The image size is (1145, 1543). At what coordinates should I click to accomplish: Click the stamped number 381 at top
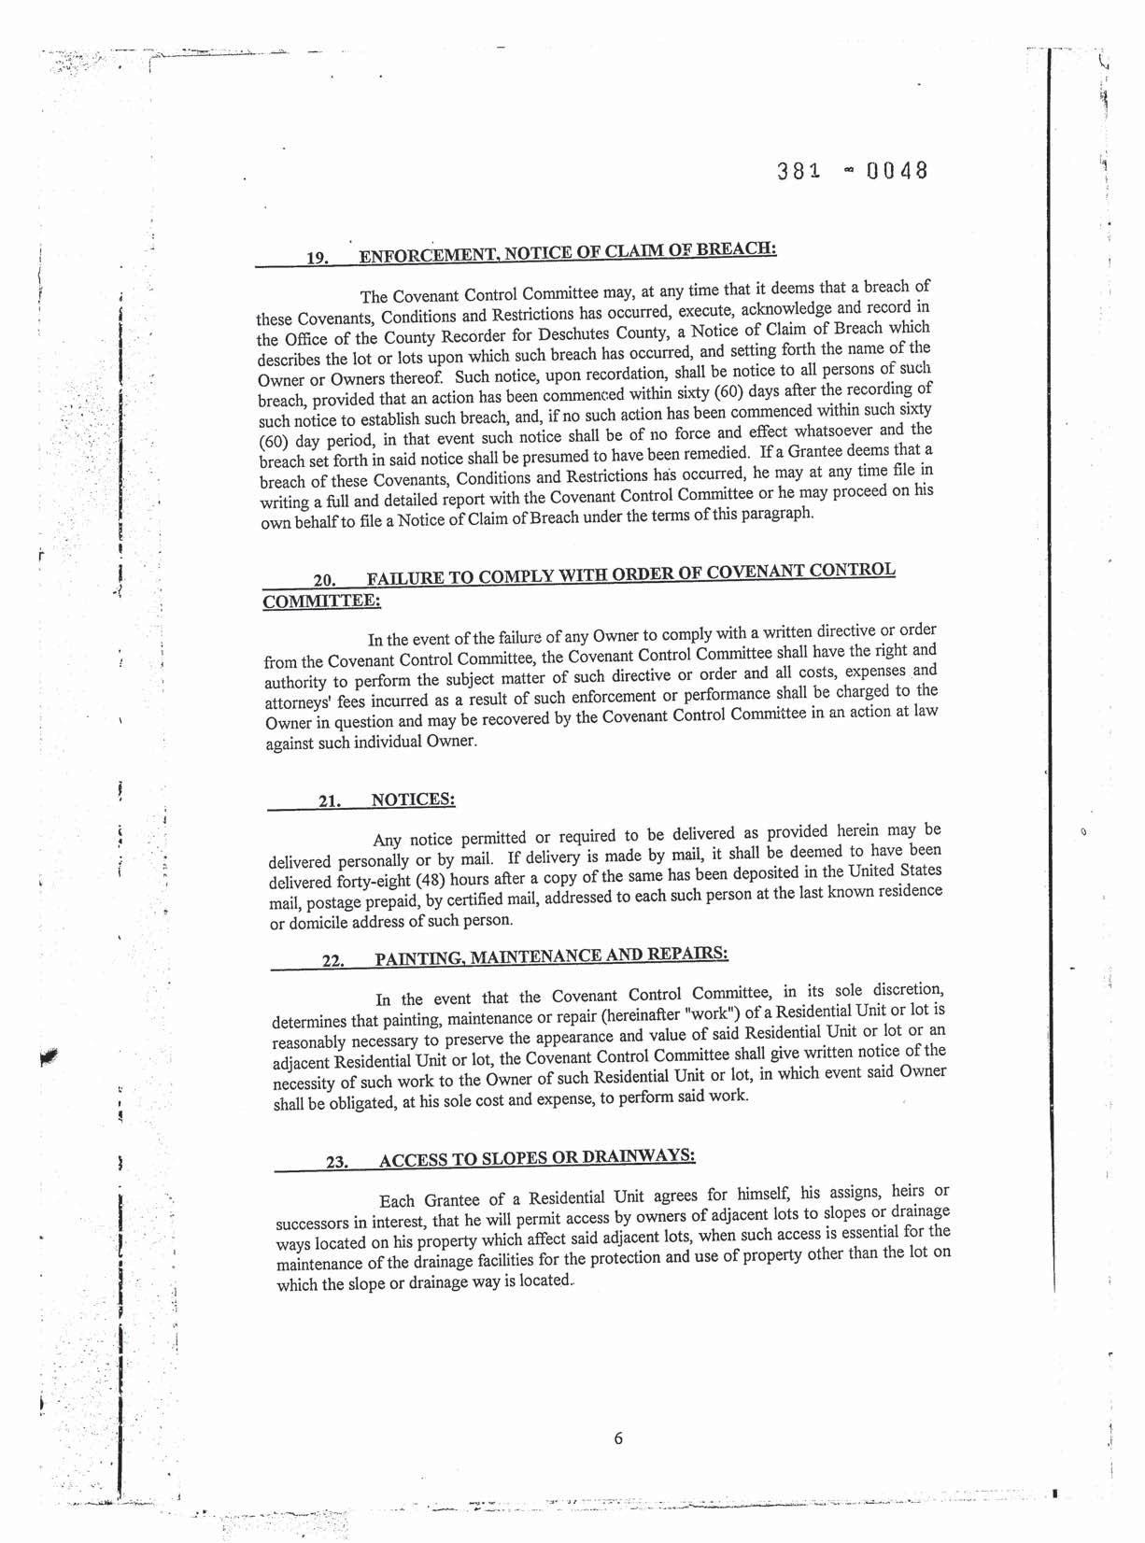click(x=798, y=172)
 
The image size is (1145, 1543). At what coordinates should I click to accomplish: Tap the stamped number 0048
click(x=897, y=171)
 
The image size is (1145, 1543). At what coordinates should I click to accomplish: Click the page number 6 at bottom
click(x=618, y=1438)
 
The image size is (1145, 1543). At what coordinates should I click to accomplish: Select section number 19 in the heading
click(x=318, y=258)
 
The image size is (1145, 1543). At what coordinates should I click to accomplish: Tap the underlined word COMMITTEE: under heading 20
click(x=321, y=602)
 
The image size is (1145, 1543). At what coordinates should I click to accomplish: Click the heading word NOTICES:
click(x=413, y=800)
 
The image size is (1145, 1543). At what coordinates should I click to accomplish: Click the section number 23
click(x=336, y=1162)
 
